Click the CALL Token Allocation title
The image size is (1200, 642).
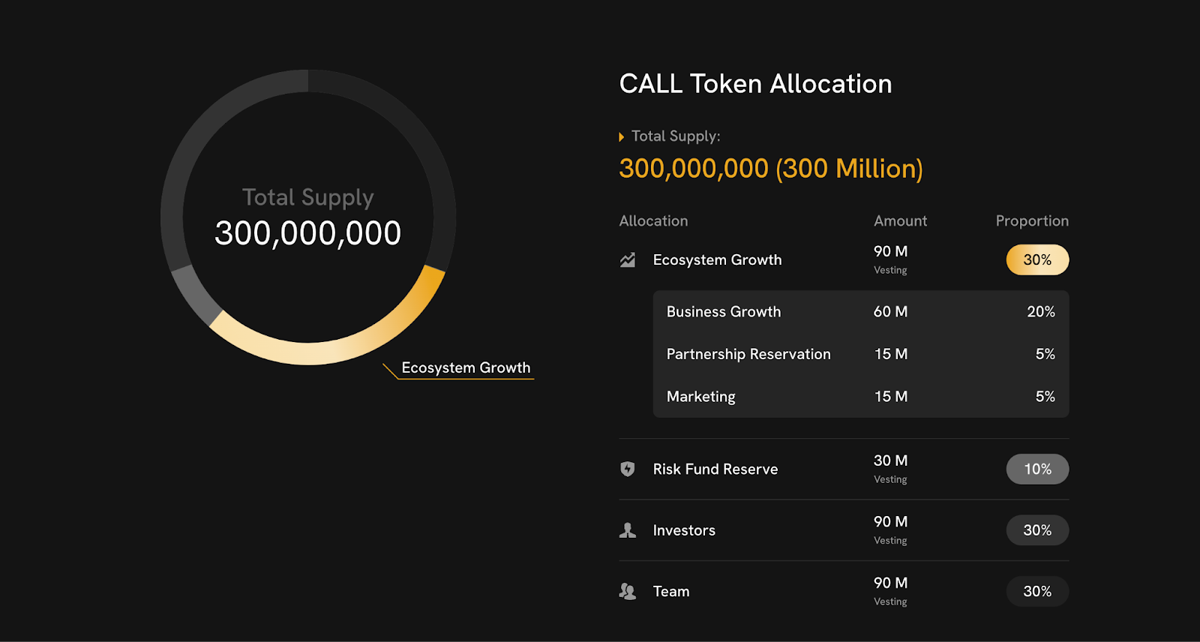pos(755,84)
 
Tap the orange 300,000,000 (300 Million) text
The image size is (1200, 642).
pos(770,169)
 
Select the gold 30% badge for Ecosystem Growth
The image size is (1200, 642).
pos(1037,260)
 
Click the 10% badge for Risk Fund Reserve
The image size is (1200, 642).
pos(1037,469)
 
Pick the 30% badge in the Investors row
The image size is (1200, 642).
pos(1037,530)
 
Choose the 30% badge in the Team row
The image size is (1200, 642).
pos(1037,592)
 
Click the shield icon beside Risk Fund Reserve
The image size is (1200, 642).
pos(628,469)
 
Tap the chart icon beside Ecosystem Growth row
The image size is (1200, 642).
pos(628,260)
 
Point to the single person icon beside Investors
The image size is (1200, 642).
pos(628,530)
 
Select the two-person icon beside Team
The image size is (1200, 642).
pos(628,592)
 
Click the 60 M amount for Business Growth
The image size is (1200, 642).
pos(890,312)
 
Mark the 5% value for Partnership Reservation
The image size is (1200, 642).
pos(1045,354)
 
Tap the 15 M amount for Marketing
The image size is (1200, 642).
pos(890,397)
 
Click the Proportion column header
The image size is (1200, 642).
pos(1032,221)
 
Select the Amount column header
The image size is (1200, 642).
pos(900,221)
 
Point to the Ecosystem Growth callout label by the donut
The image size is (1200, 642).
pos(466,368)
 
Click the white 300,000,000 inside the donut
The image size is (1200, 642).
pos(307,233)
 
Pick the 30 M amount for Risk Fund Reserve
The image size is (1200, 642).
pos(890,461)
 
